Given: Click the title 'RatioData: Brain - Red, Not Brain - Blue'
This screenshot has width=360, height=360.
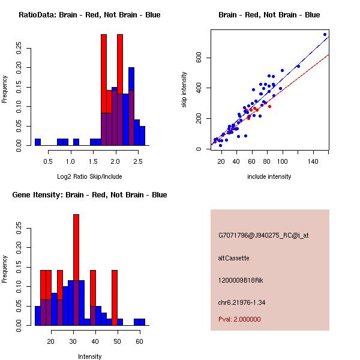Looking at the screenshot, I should pos(89,15).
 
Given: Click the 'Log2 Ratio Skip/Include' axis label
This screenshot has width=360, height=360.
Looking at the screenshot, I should pos(89,176).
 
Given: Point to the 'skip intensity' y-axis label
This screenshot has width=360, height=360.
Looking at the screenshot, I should pos(184,90).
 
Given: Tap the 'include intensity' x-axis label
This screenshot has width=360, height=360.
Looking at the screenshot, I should pos(269,176).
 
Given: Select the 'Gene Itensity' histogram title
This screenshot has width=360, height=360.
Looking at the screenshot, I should pos(89,195).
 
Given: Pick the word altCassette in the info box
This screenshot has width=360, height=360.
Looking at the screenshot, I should pos(233,258).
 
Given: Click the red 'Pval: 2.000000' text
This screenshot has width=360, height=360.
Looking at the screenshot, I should pos(239,319).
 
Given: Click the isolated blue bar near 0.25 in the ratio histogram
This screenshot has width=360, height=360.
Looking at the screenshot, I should pos(37,142).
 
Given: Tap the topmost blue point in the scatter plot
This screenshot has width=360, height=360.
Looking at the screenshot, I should pos(325,34).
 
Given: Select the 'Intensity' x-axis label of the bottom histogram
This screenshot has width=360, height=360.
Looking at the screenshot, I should pos(89,356).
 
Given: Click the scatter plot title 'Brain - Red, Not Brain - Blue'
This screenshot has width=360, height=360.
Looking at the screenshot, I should pos(269,15).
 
